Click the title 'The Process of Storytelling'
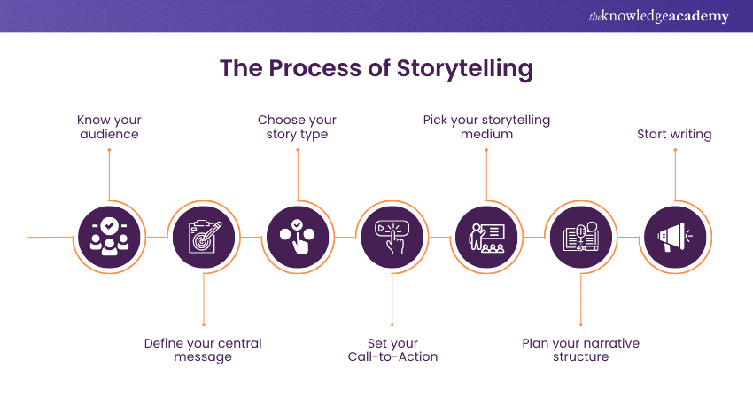(x=376, y=68)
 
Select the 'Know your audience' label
(x=109, y=127)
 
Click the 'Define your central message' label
(x=203, y=349)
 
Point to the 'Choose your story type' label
(x=297, y=127)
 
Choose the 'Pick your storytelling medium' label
(x=485, y=127)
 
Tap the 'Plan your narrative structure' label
(x=579, y=349)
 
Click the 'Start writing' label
(x=674, y=135)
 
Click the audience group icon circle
(x=109, y=238)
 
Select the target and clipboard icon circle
(x=203, y=238)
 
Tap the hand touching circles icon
(x=297, y=238)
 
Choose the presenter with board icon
(x=485, y=238)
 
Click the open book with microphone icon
(x=579, y=238)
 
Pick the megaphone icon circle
(x=674, y=238)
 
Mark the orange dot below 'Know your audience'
(x=109, y=151)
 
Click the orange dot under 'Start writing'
(x=674, y=151)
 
